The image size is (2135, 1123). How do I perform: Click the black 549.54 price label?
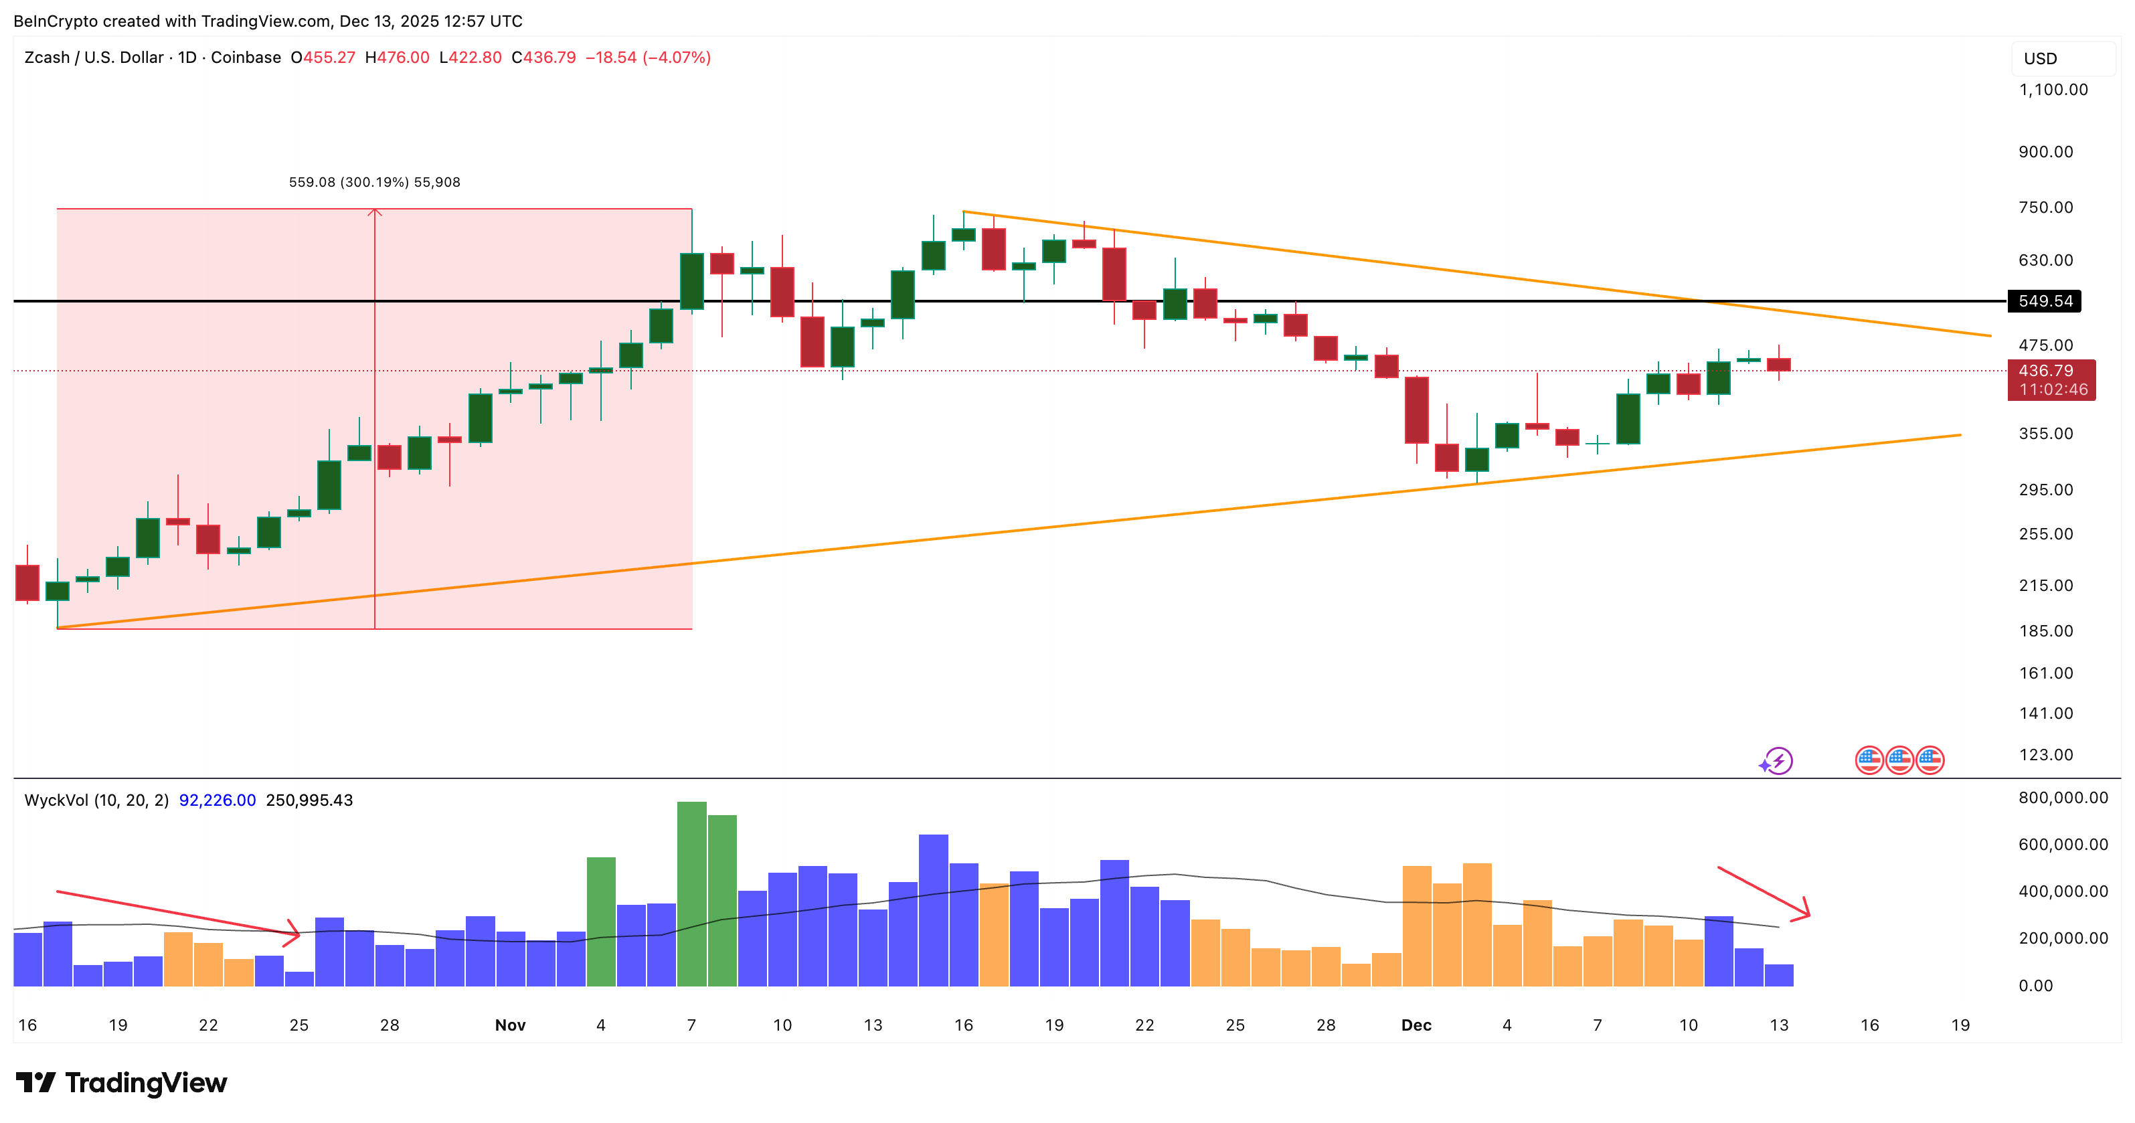2044,301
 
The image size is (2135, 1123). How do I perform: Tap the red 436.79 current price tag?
2051,379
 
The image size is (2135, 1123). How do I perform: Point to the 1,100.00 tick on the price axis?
2053,90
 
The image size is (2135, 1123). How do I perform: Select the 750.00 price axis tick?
2045,207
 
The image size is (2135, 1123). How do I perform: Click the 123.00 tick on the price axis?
2045,754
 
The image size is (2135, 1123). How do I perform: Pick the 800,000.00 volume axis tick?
2063,797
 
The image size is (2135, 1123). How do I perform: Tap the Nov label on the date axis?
510,1025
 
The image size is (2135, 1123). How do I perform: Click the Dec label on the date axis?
1416,1025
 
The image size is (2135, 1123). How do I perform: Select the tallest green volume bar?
691,893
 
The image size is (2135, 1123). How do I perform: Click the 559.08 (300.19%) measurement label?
373,182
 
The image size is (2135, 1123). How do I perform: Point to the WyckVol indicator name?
96,800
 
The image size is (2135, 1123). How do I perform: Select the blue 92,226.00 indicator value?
217,800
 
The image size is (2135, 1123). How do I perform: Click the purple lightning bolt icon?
1776,760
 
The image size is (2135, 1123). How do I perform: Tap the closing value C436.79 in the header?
543,57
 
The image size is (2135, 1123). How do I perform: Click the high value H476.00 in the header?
397,57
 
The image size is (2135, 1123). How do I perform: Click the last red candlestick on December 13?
1779,365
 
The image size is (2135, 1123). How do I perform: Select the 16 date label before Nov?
27,1025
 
